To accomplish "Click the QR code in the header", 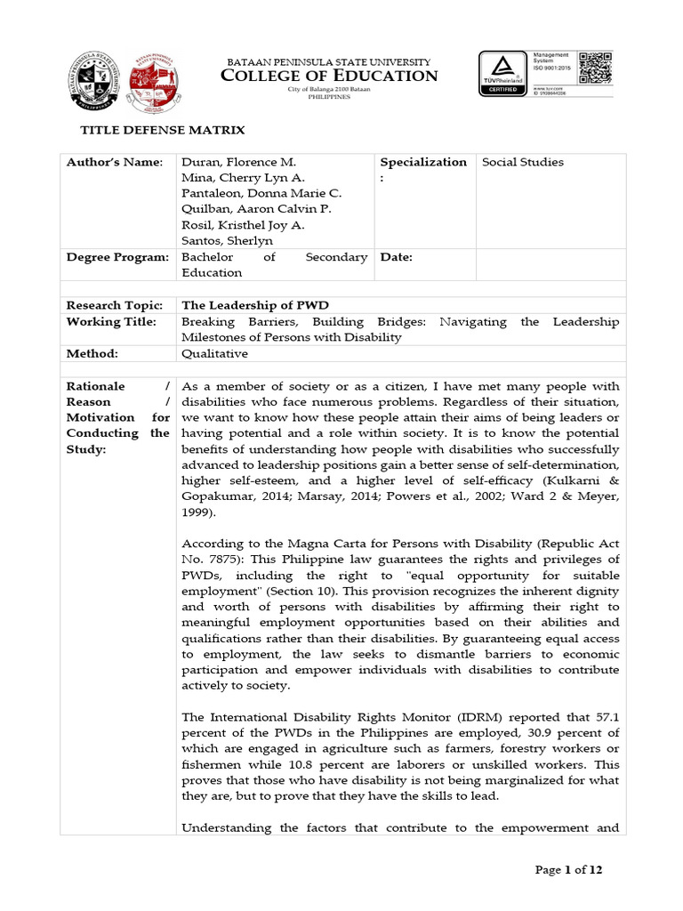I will tap(596, 68).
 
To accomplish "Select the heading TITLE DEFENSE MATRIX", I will tap(163, 130).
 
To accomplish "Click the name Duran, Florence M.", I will tap(237, 162).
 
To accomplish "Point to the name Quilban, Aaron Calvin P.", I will tap(256, 209).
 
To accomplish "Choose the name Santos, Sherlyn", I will tap(227, 240).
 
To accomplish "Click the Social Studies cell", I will tap(523, 162).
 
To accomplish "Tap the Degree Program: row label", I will tap(117, 257).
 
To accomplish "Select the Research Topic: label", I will tap(115, 305).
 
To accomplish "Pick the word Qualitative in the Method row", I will tap(214, 353).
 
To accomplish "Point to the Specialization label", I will tap(422, 162).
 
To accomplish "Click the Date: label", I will tap(397, 257).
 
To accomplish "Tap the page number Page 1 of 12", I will tap(568, 870).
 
